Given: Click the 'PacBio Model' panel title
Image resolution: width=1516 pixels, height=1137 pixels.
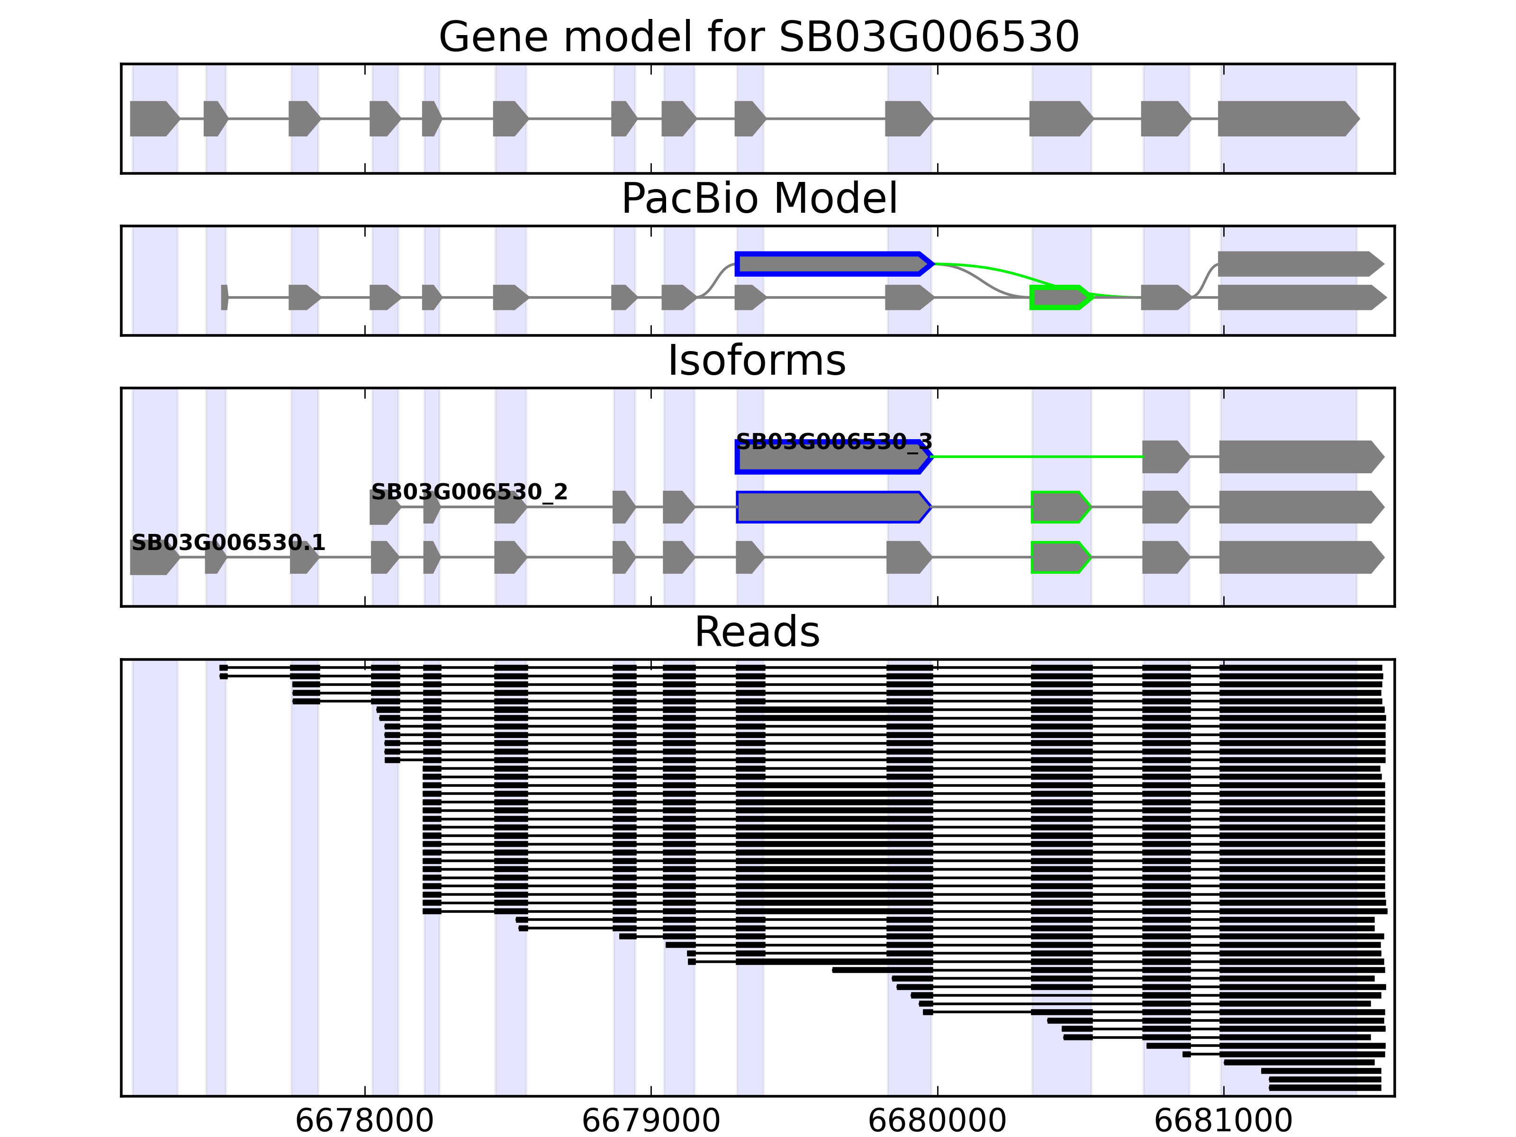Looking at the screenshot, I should tap(758, 199).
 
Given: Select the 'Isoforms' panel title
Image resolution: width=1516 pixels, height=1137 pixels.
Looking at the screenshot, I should tap(757, 361).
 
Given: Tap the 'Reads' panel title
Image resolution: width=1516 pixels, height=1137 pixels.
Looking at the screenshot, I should tap(757, 632).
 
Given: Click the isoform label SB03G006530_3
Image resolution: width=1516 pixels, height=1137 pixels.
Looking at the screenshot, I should tap(833, 442).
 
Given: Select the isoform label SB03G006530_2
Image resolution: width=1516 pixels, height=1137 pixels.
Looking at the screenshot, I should tap(469, 492).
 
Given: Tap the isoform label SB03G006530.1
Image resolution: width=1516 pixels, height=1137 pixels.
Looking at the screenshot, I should tap(228, 543).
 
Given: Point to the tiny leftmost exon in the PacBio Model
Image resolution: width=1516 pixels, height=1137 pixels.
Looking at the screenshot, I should tap(224, 298).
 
